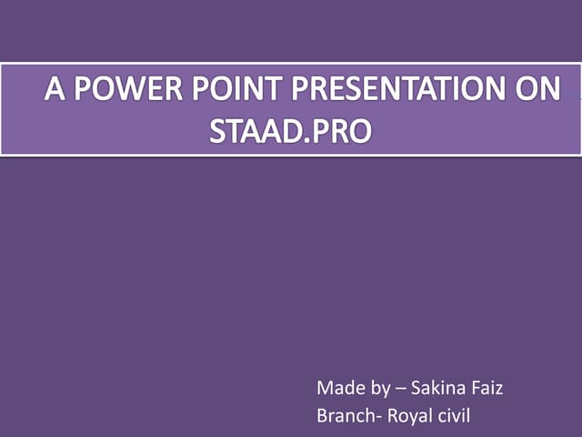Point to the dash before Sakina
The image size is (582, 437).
coord(401,390)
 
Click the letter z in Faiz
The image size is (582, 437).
coord(498,391)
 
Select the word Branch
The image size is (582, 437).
coord(345,417)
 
